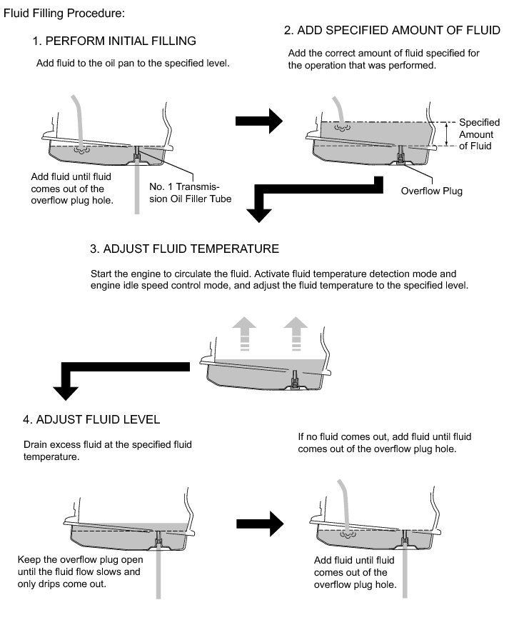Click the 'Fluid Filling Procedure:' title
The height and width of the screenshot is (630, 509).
pyautogui.click(x=64, y=14)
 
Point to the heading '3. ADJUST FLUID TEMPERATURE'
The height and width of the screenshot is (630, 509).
pyautogui.click(x=184, y=249)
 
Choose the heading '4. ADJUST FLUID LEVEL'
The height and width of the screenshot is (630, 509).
pyautogui.click(x=92, y=418)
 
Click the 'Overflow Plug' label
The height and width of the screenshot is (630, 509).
pyautogui.click(x=431, y=191)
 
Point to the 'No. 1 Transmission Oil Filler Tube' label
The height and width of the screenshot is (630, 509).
pyautogui.click(x=190, y=193)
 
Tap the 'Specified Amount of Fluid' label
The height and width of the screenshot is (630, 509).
pyautogui.click(x=475, y=134)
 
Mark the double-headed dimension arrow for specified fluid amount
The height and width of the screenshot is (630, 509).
pyautogui.click(x=446, y=134)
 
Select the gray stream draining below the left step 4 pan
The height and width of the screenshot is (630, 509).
pyautogui.click(x=158, y=571)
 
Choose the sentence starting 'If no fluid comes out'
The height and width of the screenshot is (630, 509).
pyautogui.click(x=384, y=442)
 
